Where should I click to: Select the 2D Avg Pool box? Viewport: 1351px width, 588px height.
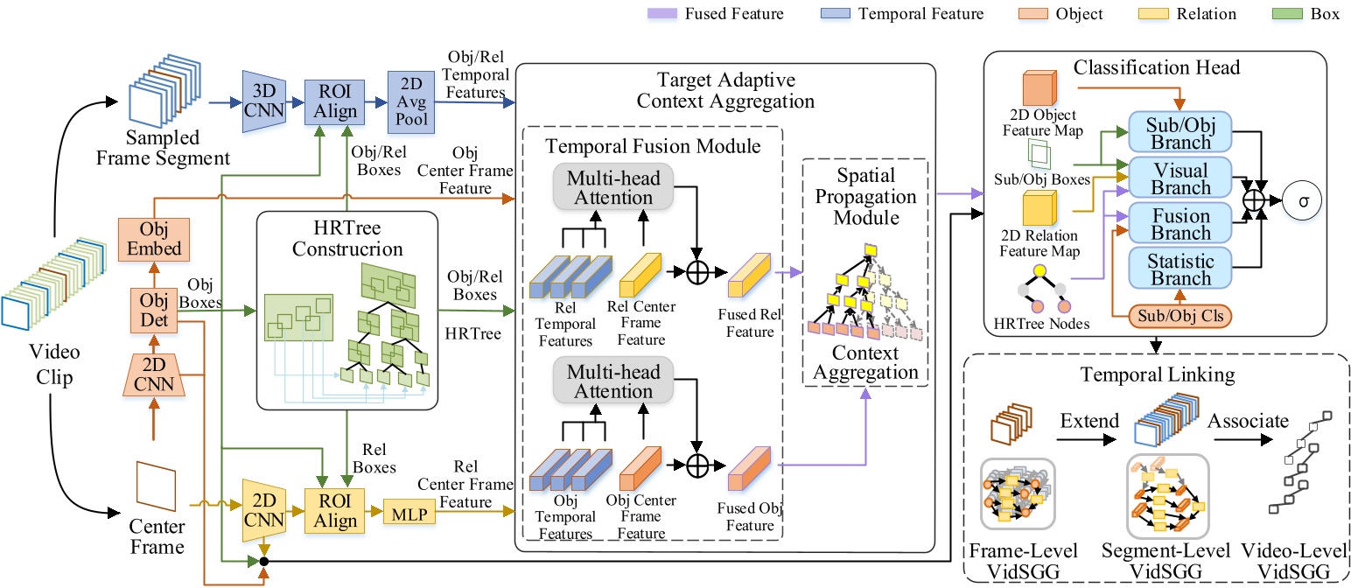point(412,102)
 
